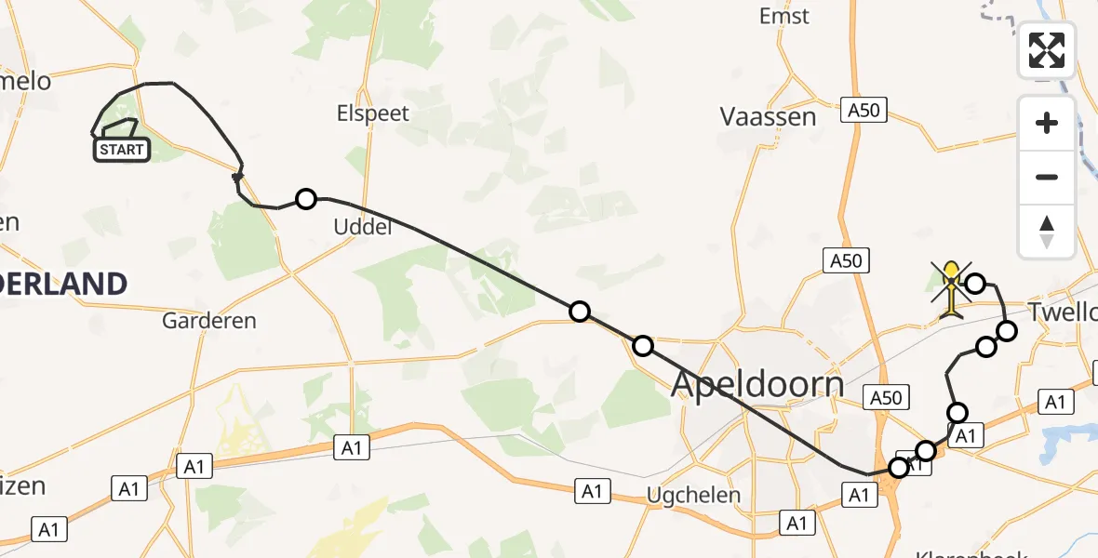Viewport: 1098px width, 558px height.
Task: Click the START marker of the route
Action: (121, 150)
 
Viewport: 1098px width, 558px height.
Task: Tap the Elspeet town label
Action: (373, 113)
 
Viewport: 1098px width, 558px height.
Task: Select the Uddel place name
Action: (362, 226)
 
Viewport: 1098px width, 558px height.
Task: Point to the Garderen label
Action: (208, 321)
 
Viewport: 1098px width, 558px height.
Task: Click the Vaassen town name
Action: (768, 116)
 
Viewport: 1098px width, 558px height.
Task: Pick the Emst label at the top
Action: (783, 16)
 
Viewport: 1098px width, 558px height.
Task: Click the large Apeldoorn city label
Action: (757, 383)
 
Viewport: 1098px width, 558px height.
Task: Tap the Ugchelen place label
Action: (695, 495)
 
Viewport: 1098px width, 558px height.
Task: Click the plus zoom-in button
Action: (1047, 123)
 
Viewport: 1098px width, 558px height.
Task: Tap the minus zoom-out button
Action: (1047, 177)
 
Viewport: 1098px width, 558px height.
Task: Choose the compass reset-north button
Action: (1047, 231)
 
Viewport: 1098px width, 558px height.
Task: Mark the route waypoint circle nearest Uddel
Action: (305, 198)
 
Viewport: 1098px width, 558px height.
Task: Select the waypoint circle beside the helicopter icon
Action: (975, 283)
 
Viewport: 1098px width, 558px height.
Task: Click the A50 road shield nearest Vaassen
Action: (863, 111)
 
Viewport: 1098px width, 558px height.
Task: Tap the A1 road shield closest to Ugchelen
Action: (592, 490)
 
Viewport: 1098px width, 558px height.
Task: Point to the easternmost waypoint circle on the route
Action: (1007, 330)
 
